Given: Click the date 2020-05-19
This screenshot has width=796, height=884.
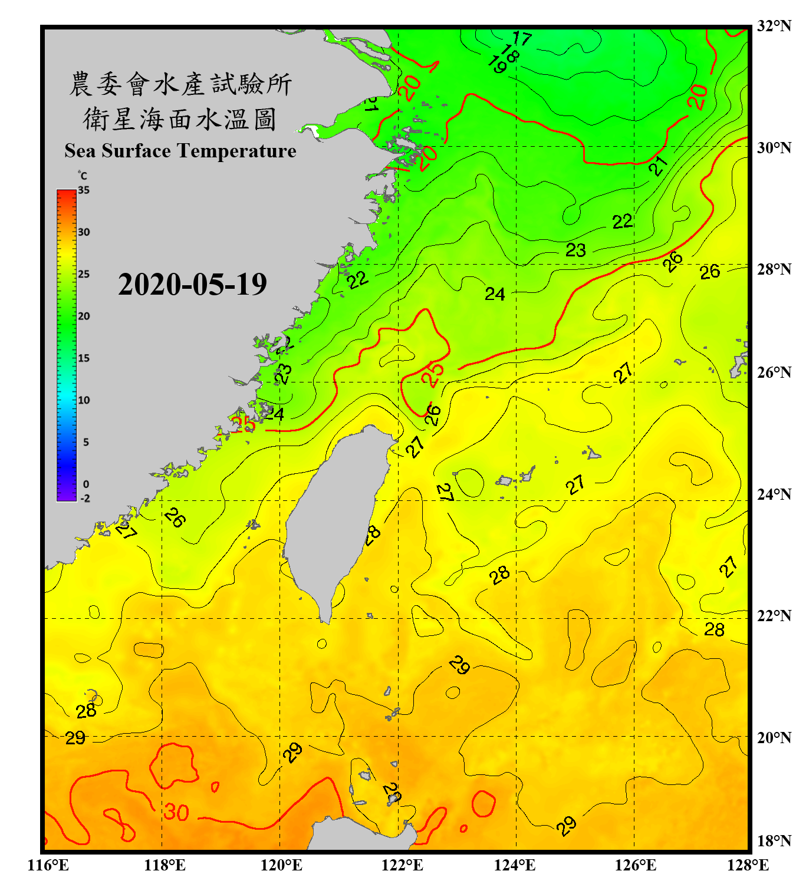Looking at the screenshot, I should (x=192, y=285).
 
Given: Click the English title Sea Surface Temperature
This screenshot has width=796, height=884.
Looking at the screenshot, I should (x=180, y=151).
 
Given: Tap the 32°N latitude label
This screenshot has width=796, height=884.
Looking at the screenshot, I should (x=774, y=26).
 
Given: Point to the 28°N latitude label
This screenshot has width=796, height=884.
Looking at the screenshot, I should (x=774, y=269).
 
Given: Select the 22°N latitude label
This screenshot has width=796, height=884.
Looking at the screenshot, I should (x=774, y=616).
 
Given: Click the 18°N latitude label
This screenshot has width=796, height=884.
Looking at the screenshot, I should (x=774, y=841).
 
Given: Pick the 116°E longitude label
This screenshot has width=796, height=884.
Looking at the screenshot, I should (x=48, y=865).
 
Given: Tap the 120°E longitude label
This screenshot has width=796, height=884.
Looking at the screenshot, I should (x=281, y=865).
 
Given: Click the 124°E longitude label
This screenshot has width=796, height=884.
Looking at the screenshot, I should (x=515, y=865).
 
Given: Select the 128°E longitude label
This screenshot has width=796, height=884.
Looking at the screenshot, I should (x=748, y=865).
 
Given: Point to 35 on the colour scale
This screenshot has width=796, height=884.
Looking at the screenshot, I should (x=84, y=190).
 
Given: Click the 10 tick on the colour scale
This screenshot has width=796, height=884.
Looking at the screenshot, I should (x=84, y=400).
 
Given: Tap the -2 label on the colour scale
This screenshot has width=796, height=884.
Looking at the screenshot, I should (x=84, y=499).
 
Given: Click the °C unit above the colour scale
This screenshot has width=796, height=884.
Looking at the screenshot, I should (x=83, y=176).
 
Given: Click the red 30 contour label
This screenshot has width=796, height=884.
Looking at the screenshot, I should (x=176, y=813).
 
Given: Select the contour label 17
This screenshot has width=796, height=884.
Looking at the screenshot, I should (x=521, y=39).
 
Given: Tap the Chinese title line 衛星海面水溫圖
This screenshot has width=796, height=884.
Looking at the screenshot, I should (x=180, y=119).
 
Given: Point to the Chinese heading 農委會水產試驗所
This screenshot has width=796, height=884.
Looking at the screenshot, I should (x=180, y=84).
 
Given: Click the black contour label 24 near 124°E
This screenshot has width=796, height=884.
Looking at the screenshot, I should (x=495, y=293).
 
